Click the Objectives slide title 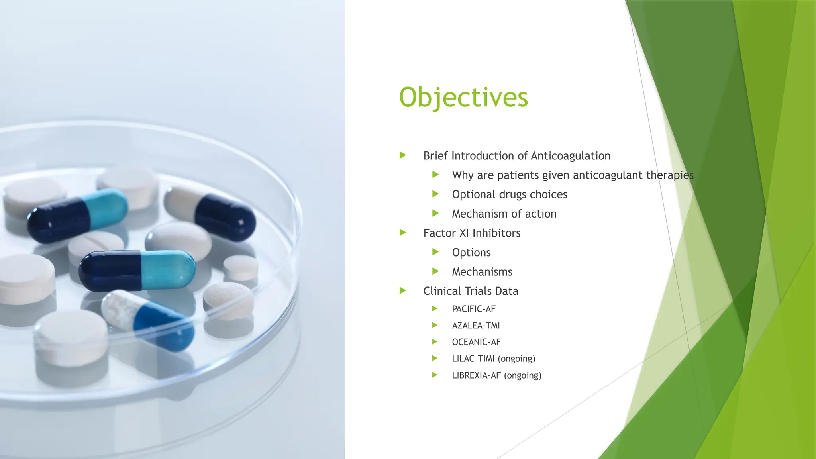pos(463,98)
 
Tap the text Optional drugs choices pos(510,194)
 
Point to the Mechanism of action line pos(504,214)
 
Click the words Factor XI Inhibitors pos(472,233)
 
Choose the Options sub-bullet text pos(471,253)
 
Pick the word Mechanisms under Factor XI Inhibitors pos(482,272)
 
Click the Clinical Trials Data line pos(471,291)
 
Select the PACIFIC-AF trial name pos(474,309)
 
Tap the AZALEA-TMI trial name pos(476,326)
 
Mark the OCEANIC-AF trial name pos(476,342)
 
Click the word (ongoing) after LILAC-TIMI pos(516,359)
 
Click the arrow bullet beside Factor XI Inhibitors pos(403,232)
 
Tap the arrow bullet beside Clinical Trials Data pos(403,290)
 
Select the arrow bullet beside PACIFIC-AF pos(435,308)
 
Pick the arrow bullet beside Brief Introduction pos(403,155)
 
